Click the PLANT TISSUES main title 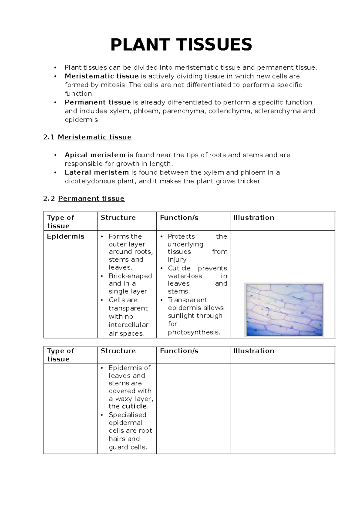[x=181, y=45]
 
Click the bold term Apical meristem [x=95, y=155]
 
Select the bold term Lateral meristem [x=97, y=173]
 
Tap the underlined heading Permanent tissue [x=91, y=199]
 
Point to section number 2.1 [x=49, y=137]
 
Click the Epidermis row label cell [x=65, y=236]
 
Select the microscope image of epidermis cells [x=284, y=310]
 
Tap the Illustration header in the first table [x=254, y=218]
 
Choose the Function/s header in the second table [x=179, y=351]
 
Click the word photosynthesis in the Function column [x=193, y=332]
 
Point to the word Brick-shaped [x=130, y=276]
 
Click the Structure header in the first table [x=118, y=218]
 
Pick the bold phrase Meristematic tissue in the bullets [x=101, y=76]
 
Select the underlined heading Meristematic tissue [x=94, y=137]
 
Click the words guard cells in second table [x=128, y=447]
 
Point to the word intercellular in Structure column [x=128, y=325]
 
